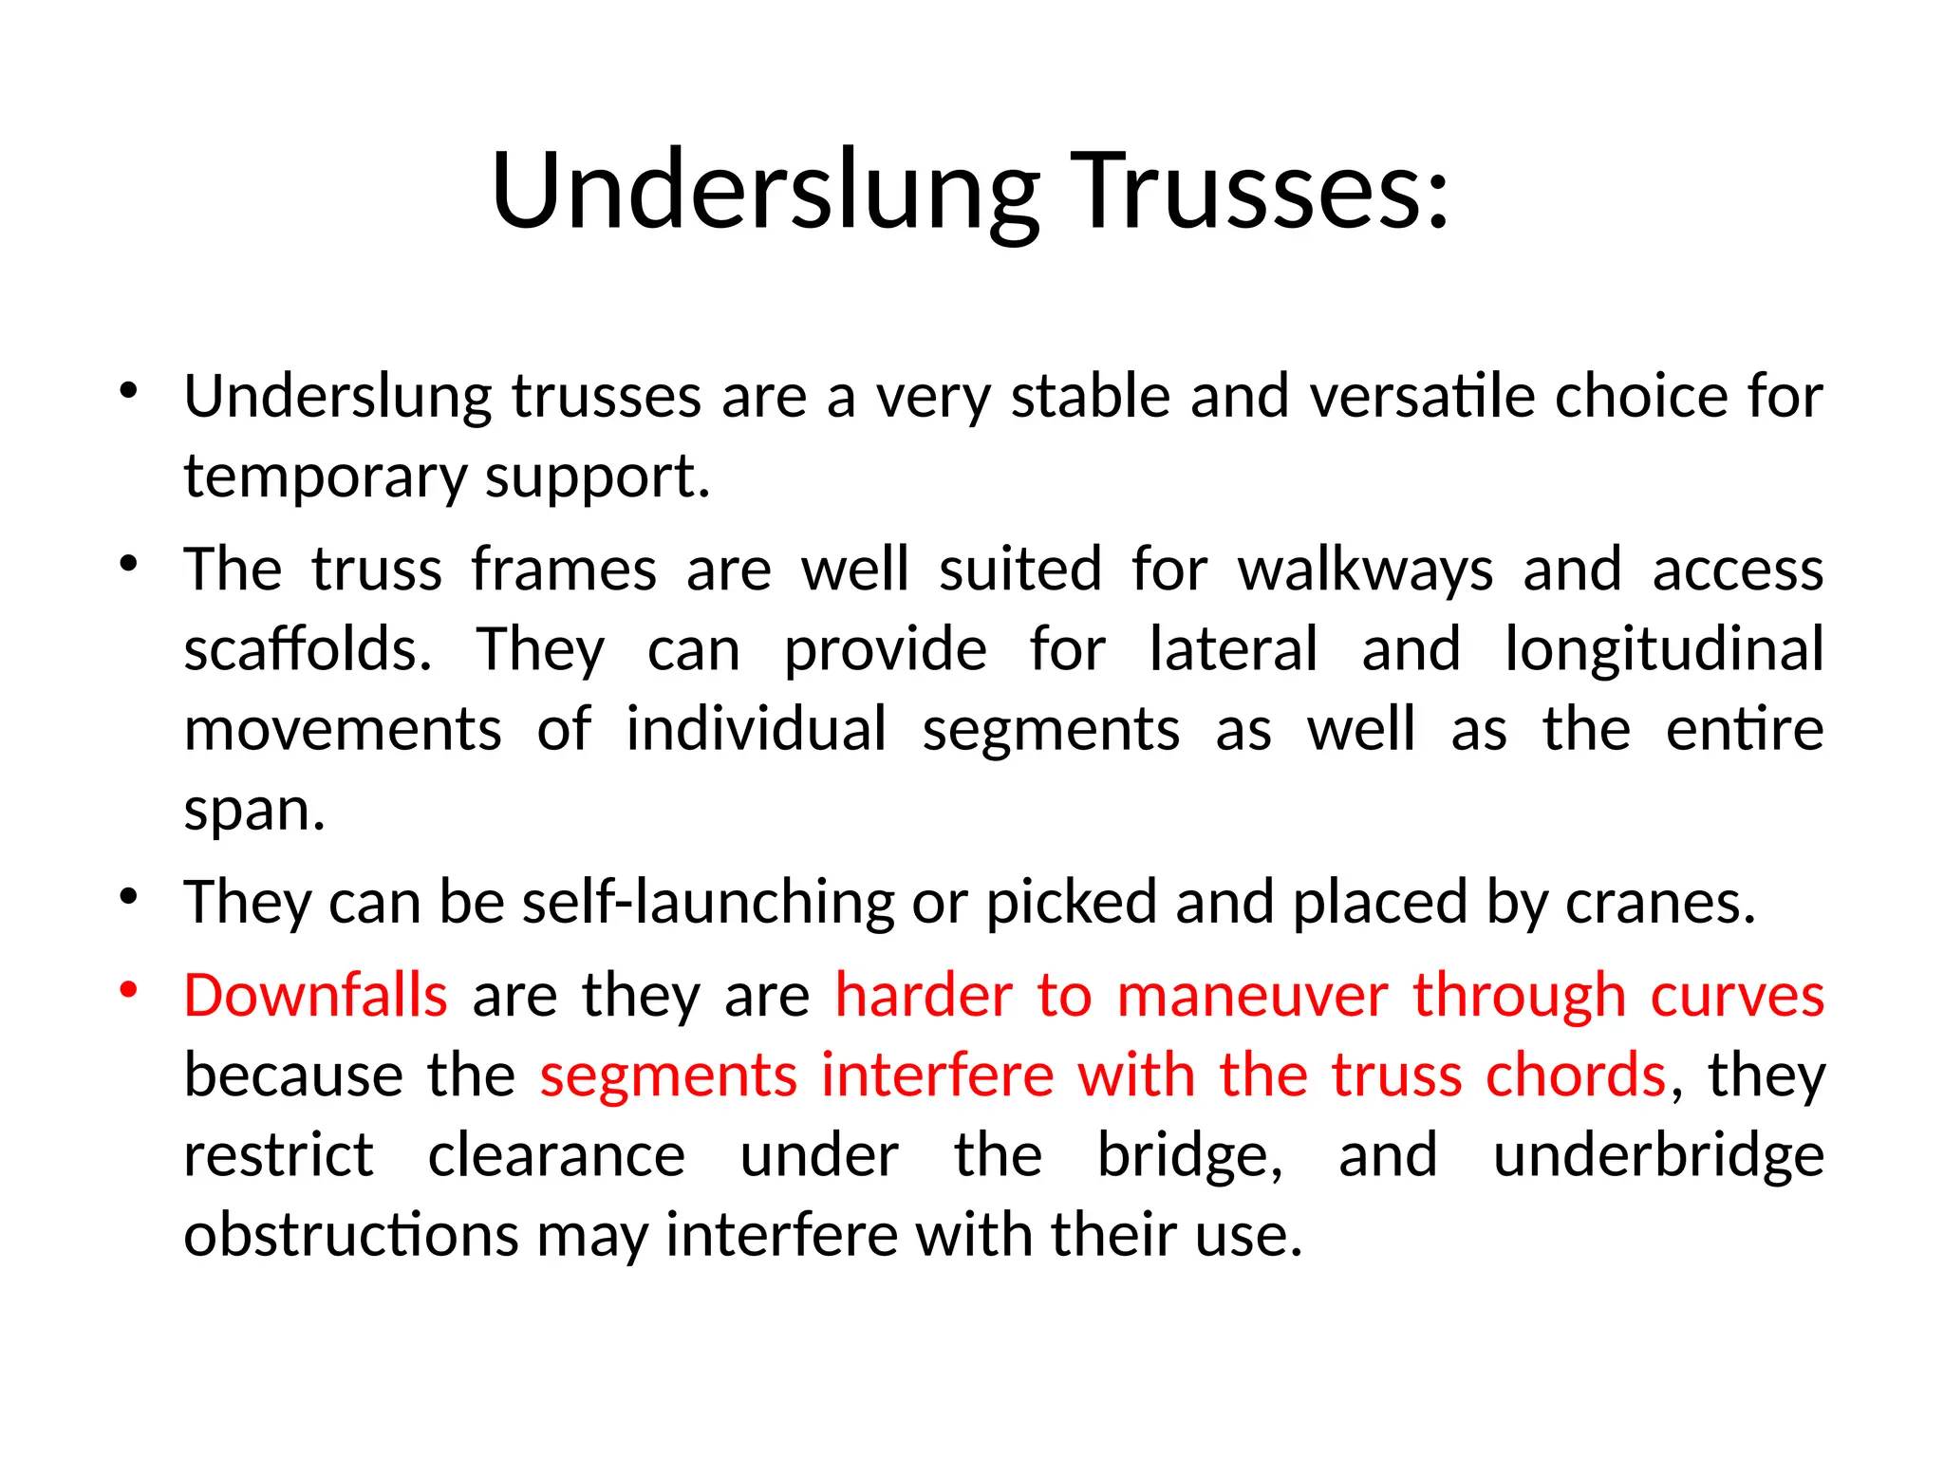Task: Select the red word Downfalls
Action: [315, 996]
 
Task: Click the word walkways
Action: [1366, 570]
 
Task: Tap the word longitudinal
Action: [1664, 650]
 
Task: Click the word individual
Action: [757, 730]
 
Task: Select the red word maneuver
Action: [1252, 996]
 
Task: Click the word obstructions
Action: [351, 1236]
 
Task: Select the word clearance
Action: [556, 1156]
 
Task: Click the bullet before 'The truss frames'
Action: [129, 563]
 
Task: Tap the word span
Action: [253, 812]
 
